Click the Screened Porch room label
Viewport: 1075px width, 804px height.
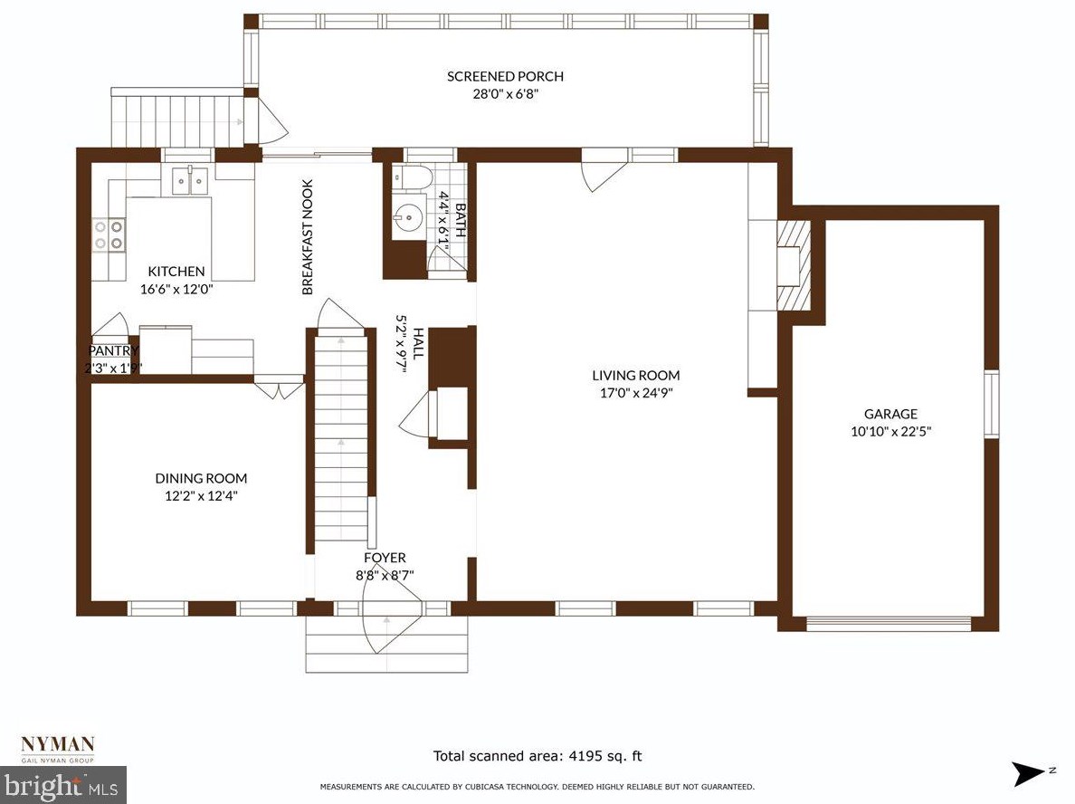coord(505,76)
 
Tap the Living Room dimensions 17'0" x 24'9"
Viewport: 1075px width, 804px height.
coord(635,393)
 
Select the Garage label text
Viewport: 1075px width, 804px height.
coord(890,414)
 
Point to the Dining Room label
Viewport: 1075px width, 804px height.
coord(201,478)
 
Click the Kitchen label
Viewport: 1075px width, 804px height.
coord(176,271)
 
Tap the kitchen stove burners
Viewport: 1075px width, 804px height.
coord(109,234)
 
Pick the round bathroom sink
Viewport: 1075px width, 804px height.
coord(407,219)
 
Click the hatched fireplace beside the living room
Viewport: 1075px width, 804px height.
coord(794,264)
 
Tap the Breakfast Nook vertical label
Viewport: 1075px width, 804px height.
coord(308,237)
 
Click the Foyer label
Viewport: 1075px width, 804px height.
coord(385,558)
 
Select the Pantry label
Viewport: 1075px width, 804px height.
coord(114,350)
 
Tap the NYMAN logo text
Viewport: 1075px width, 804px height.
coord(58,744)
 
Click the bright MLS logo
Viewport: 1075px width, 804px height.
coord(63,785)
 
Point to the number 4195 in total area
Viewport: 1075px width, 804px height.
coord(589,756)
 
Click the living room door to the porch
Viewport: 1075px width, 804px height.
coord(604,172)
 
